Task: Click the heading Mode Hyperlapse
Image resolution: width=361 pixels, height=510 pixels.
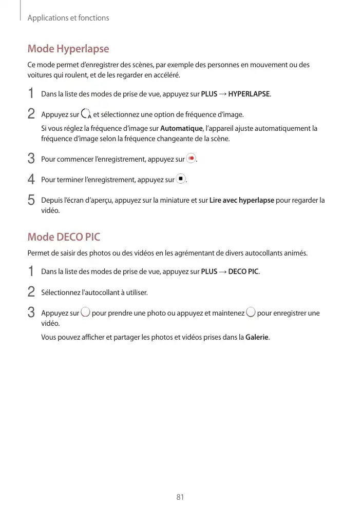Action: [68, 49]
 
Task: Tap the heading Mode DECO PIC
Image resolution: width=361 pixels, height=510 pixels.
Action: [64, 237]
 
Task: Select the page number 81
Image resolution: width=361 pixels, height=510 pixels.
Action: [180, 497]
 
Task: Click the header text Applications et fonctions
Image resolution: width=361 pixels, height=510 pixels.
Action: [68, 18]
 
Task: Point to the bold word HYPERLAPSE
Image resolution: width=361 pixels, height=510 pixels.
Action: [249, 94]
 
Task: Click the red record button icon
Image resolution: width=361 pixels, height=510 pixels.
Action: [191, 159]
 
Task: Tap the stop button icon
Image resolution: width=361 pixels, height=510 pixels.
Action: [180, 179]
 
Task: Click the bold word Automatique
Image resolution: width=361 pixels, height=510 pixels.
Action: [181, 128]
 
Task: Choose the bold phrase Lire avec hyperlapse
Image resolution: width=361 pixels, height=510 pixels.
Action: [242, 200]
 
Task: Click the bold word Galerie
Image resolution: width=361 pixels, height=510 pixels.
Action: [257, 337]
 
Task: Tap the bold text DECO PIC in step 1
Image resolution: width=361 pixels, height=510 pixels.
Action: [243, 271]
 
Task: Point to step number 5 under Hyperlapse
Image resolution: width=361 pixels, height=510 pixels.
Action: [31, 200]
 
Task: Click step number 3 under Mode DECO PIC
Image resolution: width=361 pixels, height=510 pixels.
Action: [31, 312]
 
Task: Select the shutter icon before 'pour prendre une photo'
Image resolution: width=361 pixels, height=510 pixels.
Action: [86, 312]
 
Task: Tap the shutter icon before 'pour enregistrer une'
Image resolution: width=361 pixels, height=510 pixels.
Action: [251, 312]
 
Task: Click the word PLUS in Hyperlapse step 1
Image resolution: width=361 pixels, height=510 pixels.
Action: [208, 94]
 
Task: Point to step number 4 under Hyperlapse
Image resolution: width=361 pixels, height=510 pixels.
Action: [31, 180]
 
